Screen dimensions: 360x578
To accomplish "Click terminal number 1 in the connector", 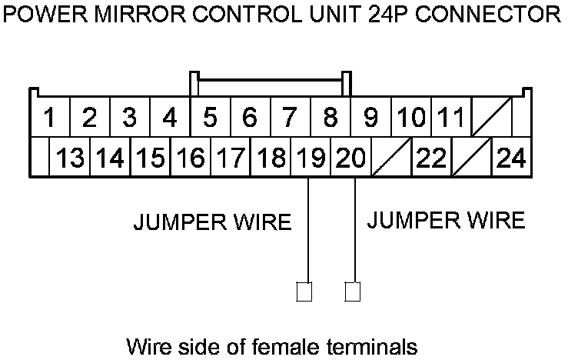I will tap(50, 118).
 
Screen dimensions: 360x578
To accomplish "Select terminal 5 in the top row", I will tap(210, 118).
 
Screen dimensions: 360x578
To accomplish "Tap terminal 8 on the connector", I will tap(331, 118).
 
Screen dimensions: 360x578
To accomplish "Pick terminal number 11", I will tap(450, 118).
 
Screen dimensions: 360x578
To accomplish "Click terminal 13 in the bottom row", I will tap(71, 158).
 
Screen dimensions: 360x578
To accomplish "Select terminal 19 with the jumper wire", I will tap(311, 158).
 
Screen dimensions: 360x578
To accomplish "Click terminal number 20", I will tap(350, 158).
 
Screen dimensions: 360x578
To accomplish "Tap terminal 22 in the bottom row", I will tap(431, 158).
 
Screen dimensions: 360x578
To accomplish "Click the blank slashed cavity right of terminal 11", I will tap(490, 118).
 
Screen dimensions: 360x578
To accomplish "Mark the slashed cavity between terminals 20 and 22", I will tap(391, 158).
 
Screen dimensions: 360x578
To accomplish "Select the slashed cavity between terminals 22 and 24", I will tap(471, 158).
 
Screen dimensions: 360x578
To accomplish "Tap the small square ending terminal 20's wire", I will tap(354, 292).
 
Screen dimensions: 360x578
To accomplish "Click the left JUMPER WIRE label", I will tap(213, 223).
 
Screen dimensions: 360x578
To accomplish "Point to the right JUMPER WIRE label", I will tap(446, 221).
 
